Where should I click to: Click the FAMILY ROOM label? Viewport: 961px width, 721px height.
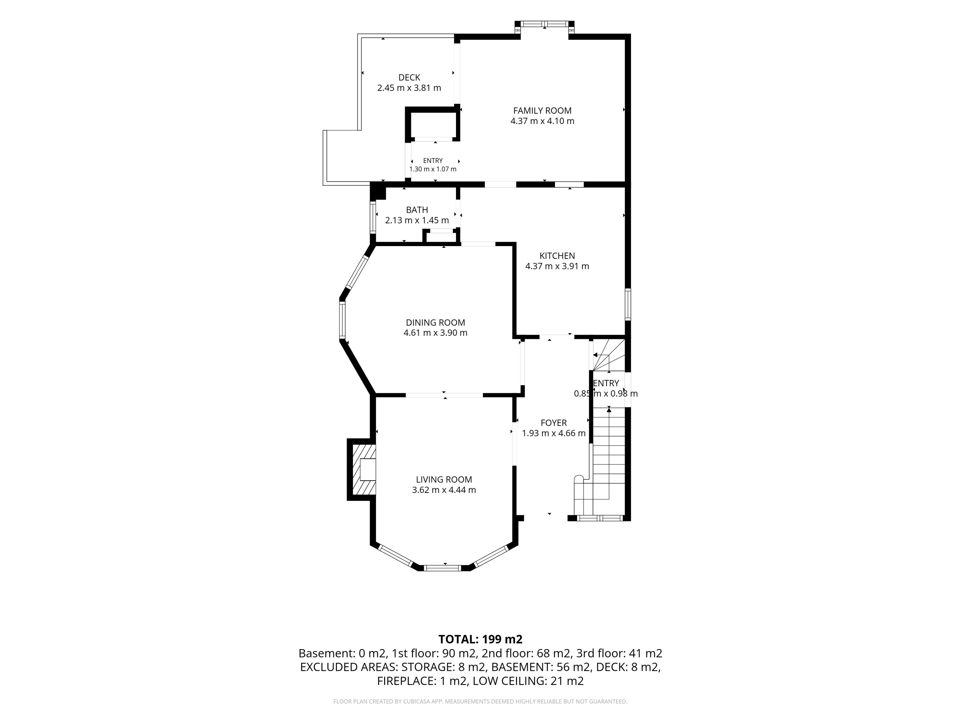click(x=542, y=111)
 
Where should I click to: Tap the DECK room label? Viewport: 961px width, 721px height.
click(x=409, y=77)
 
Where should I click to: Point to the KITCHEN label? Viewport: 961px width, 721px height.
click(x=557, y=256)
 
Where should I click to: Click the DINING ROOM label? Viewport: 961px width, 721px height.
click(x=435, y=322)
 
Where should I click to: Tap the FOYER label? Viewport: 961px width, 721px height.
click(x=554, y=423)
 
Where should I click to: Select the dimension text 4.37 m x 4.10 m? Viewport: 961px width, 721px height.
click(x=542, y=121)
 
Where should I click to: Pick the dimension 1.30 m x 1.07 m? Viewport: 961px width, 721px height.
click(x=433, y=169)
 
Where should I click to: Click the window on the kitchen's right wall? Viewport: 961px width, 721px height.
click(x=628, y=304)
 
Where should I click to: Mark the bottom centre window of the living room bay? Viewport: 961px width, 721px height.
click(x=442, y=568)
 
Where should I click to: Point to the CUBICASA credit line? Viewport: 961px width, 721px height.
click(x=480, y=701)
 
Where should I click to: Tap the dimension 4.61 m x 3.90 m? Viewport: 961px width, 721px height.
click(x=435, y=333)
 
